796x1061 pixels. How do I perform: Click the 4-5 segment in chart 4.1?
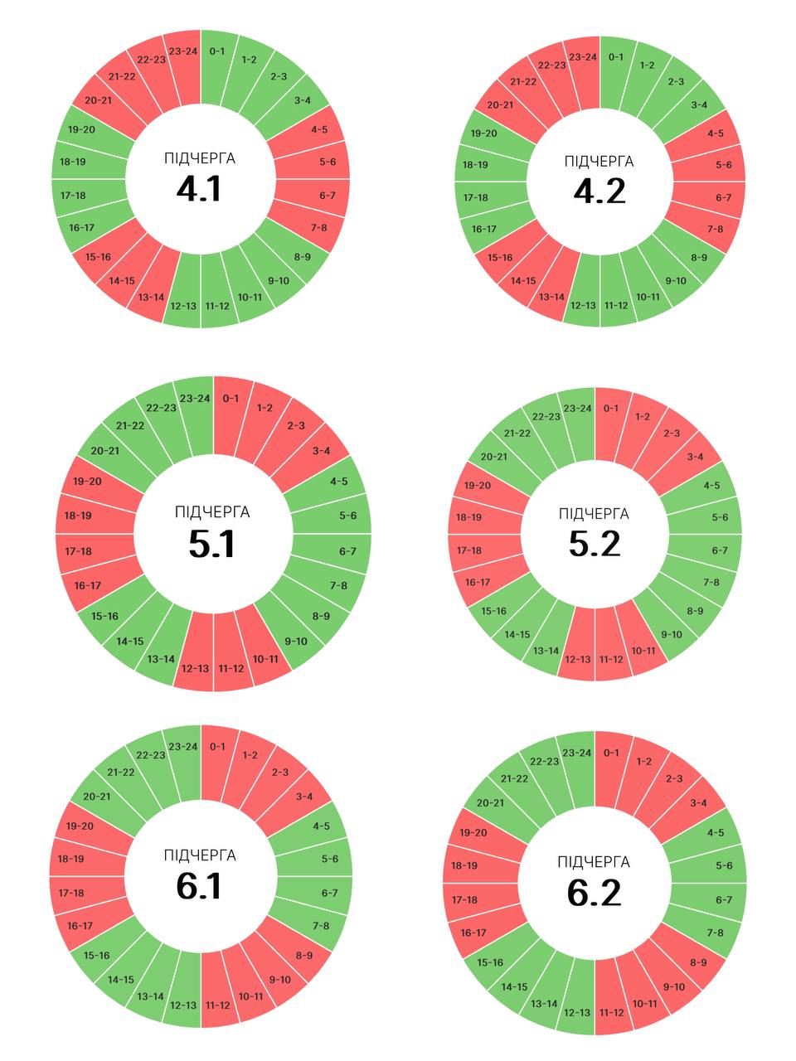(319, 129)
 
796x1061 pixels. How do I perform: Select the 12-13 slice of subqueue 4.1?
(183, 306)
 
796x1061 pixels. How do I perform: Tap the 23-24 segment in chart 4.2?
(583, 57)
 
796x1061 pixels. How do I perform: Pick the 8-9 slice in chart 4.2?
(699, 257)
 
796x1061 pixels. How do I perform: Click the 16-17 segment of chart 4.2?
(484, 229)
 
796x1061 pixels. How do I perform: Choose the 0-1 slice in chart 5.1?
(231, 399)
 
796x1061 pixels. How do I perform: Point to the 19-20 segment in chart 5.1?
(87, 482)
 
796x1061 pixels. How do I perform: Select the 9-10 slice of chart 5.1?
(296, 641)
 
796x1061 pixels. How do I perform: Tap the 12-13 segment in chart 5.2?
(578, 659)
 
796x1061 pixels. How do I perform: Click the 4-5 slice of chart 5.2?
(711, 486)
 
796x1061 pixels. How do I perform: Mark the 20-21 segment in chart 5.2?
(494, 457)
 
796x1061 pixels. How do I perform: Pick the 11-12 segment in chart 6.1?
(217, 1005)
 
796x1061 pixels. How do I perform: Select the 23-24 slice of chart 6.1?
(183, 747)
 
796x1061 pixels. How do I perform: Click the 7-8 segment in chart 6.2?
(715, 933)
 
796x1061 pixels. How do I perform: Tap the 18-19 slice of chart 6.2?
(464, 865)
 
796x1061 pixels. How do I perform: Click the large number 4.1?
(199, 189)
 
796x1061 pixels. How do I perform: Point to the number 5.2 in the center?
(595, 544)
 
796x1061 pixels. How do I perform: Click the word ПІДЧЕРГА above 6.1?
(200, 855)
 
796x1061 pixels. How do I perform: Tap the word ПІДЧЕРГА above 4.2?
(599, 161)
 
